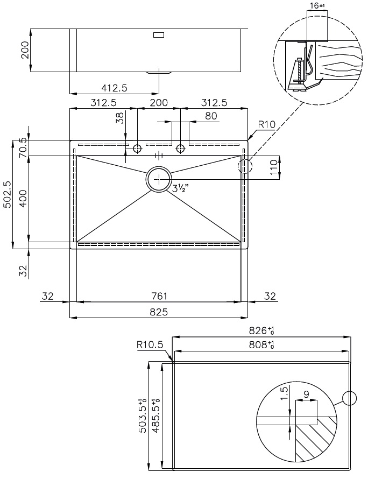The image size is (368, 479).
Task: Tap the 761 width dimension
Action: (159, 295)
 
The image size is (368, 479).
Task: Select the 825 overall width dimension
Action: (159, 312)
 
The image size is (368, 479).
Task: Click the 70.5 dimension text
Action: (22, 147)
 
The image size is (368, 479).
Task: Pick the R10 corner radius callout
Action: (266, 125)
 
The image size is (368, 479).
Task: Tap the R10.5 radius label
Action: (150, 345)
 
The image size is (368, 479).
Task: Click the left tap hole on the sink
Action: (137, 148)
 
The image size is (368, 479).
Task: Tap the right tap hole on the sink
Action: (181, 148)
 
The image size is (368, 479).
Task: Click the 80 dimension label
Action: (211, 116)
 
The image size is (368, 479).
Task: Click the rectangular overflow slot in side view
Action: (159, 36)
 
